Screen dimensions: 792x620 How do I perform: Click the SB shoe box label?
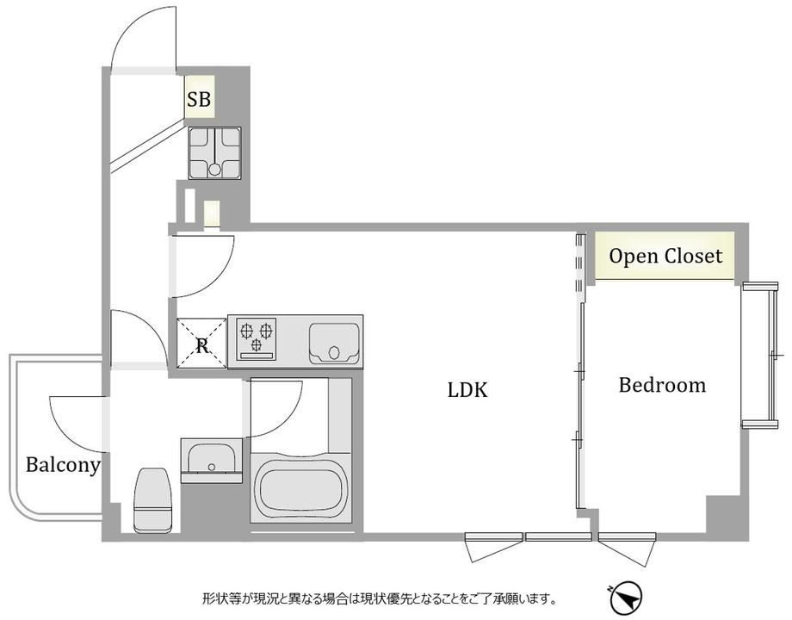(199, 98)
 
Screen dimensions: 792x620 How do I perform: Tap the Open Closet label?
(665, 256)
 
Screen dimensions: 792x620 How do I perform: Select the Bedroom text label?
(662, 385)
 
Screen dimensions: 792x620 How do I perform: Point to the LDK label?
(467, 390)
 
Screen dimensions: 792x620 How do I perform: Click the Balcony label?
(63, 465)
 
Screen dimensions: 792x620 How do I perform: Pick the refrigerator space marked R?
(201, 343)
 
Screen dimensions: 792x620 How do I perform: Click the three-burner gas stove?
(257, 338)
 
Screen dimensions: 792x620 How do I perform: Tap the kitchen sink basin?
(333, 343)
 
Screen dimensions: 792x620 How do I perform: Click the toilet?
(152, 500)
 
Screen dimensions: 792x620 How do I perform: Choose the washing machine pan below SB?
(214, 152)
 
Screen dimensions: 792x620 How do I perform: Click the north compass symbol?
(626, 598)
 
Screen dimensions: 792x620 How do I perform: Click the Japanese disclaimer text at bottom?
(379, 599)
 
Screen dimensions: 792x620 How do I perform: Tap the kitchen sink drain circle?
(334, 352)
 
